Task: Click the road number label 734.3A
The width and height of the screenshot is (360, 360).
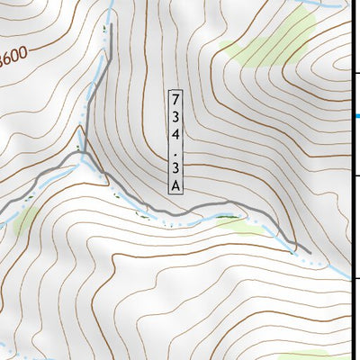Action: click(175, 140)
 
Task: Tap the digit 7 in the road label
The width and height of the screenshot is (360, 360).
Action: click(175, 99)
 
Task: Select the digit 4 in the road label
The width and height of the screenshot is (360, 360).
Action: click(175, 133)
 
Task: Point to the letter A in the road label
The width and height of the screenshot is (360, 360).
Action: click(175, 184)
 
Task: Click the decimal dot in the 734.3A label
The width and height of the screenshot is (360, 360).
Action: click(175, 149)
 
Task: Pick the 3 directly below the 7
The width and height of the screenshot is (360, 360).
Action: click(175, 116)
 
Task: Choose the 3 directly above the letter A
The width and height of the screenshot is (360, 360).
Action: click(175, 166)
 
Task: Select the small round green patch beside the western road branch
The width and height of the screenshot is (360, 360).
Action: click(24, 218)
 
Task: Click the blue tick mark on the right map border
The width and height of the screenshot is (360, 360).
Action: click(355, 116)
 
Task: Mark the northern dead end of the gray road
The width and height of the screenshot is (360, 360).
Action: click(110, 56)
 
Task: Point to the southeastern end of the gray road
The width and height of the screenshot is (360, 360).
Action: click(308, 251)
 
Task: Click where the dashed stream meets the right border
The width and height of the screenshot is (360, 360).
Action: click(349, 275)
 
